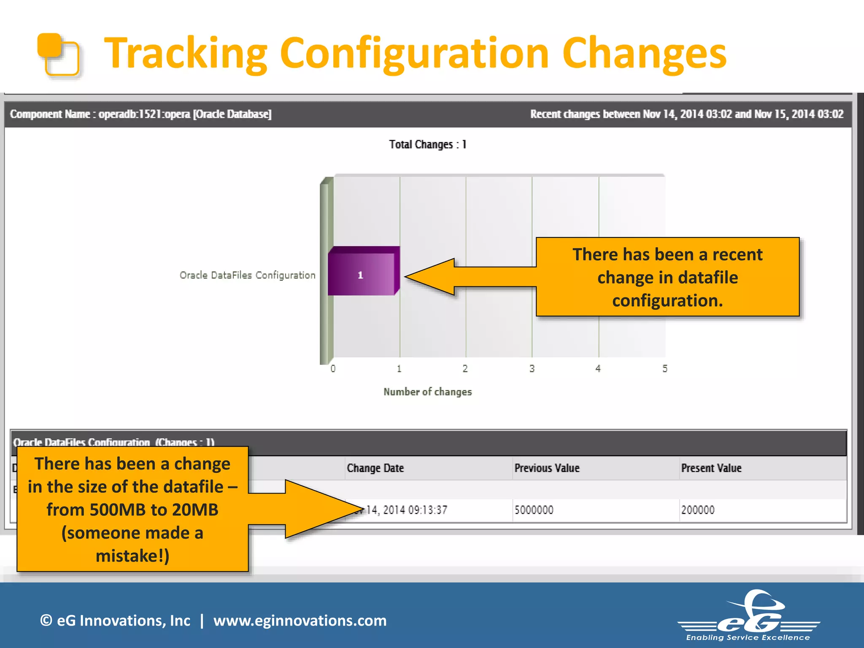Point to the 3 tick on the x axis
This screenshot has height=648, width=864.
coord(532,369)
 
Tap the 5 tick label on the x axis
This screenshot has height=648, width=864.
coord(665,369)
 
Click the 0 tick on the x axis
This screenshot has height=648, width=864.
coord(333,369)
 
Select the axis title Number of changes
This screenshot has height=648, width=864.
coord(427,392)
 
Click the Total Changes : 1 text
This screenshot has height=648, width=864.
coord(427,145)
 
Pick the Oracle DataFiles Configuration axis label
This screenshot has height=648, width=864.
coord(248,275)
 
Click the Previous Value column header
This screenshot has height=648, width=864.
coord(547,468)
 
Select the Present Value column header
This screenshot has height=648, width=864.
coord(711,468)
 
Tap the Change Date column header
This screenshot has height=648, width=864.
coord(375,468)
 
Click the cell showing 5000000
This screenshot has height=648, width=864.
coord(534,510)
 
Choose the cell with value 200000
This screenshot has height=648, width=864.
coord(698,510)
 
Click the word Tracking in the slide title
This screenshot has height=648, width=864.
coord(186,54)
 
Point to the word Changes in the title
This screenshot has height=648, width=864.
coord(644,54)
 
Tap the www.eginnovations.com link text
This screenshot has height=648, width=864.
coord(300,621)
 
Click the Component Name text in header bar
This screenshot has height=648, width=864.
coord(50,114)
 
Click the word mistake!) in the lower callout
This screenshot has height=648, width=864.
coord(132,556)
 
